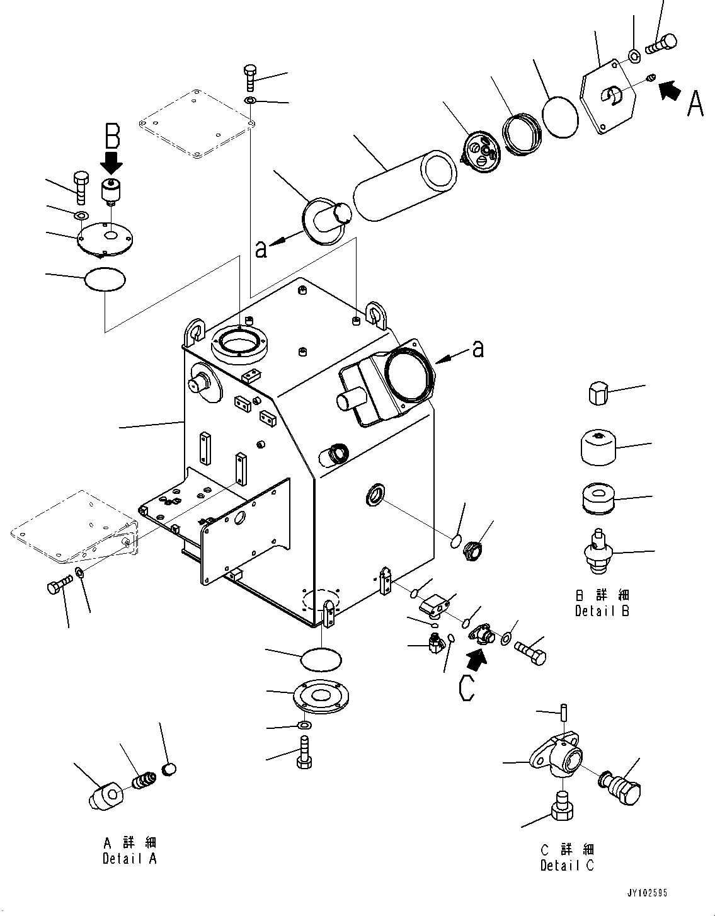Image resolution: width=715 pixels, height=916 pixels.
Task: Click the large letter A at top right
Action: (x=694, y=105)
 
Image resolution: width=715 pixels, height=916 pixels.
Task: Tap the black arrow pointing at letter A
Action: (x=670, y=90)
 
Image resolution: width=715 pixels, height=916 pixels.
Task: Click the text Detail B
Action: (x=602, y=610)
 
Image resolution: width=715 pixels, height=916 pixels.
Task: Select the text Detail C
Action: (x=567, y=866)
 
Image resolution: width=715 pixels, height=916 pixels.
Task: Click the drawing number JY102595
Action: (x=646, y=893)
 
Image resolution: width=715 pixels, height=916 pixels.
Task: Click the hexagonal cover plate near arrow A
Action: (x=608, y=96)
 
